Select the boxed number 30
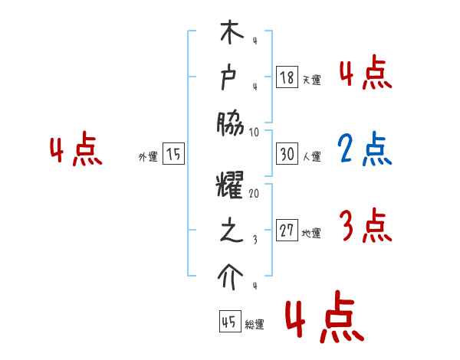point(287,154)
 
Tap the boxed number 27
point(287,231)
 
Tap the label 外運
point(148,156)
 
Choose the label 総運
point(255,325)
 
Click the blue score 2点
point(365,150)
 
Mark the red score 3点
point(365,226)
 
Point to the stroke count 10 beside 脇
point(255,132)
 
